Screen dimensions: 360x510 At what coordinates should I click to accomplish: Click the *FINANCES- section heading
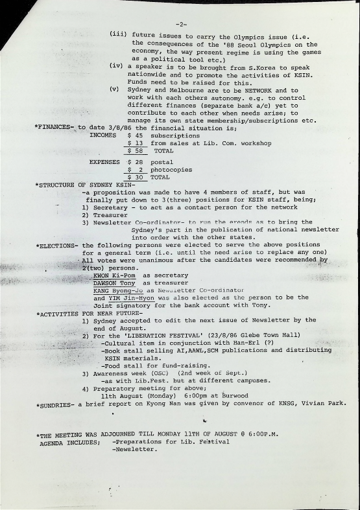[55, 128]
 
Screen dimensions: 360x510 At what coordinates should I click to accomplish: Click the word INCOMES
[104, 136]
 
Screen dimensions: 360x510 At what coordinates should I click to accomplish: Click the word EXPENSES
[106, 162]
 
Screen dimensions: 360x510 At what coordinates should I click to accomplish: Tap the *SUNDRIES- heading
[56, 404]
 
